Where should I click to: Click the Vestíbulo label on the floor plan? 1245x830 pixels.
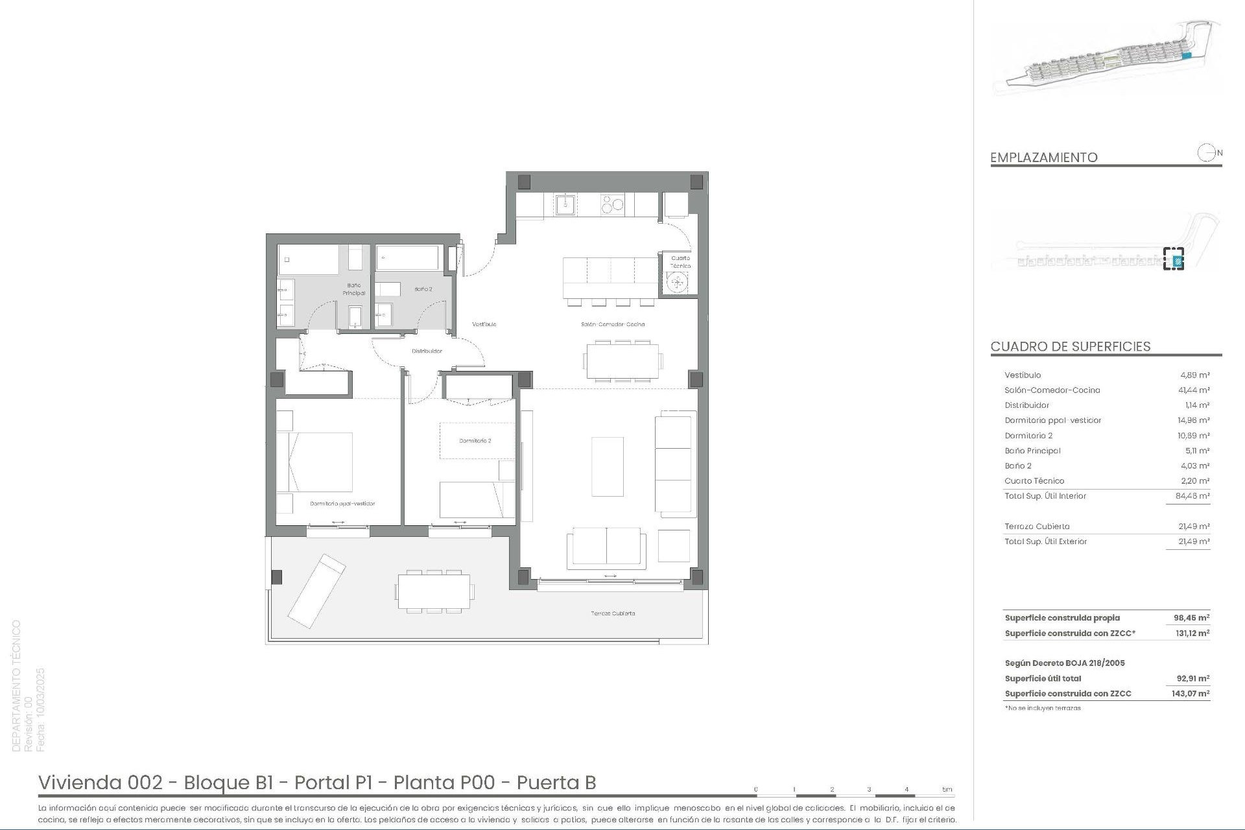484,324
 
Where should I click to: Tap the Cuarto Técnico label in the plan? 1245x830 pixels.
680,262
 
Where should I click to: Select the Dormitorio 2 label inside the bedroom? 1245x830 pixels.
475,441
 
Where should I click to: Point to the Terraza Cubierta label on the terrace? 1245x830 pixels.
612,613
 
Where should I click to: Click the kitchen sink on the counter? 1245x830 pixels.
564,205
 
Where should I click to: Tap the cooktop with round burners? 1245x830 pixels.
612,205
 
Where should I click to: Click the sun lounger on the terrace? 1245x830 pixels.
316,590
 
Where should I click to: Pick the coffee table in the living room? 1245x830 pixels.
608,467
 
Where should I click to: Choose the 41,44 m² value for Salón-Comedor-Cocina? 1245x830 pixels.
1194,390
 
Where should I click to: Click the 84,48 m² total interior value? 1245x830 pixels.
1194,496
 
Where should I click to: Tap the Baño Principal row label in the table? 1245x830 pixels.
1032,451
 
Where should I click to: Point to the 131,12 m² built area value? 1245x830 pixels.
1192,634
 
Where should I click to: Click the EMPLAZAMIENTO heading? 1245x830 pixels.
1043,158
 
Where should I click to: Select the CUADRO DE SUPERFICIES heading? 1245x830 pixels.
1070,346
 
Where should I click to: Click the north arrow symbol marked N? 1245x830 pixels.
1207,153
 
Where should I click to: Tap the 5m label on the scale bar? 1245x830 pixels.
947,789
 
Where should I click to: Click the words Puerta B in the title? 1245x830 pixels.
556,783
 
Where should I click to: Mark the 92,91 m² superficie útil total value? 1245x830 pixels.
1193,679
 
